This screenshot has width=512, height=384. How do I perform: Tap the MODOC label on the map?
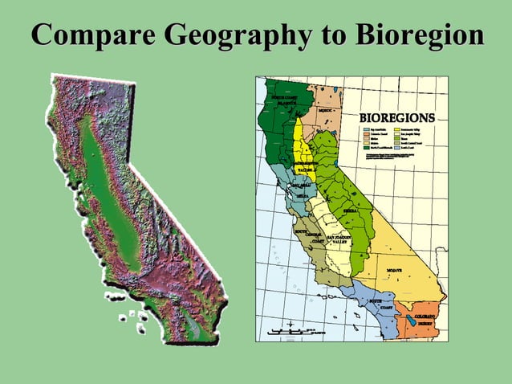point(326,110)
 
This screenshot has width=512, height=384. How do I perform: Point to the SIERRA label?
point(350,210)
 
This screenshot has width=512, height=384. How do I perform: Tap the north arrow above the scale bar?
point(289,325)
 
